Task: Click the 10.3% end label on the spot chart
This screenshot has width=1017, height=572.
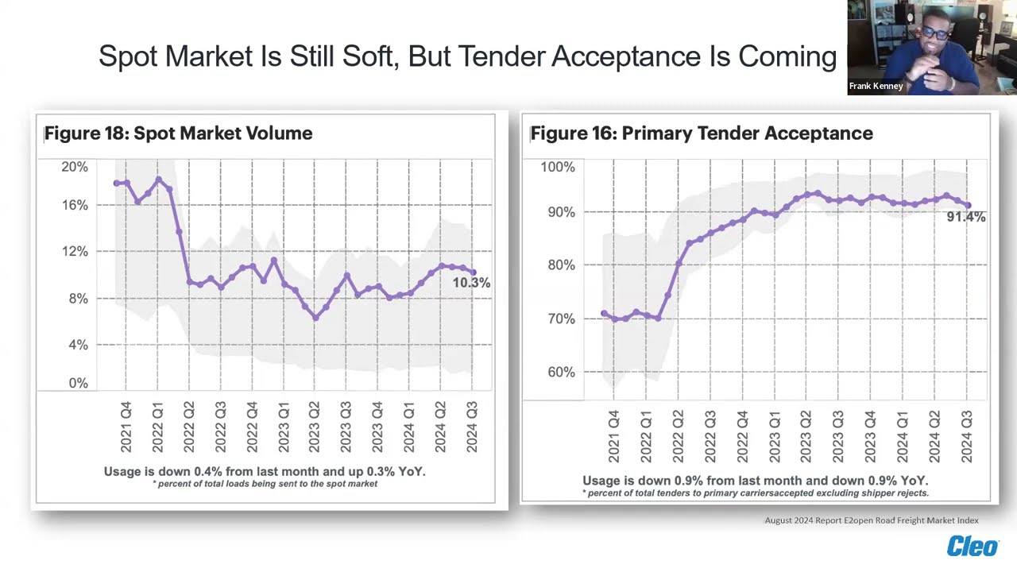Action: (471, 283)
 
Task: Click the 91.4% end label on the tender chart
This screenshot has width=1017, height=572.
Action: (965, 217)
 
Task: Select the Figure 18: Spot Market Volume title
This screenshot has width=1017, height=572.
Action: (178, 133)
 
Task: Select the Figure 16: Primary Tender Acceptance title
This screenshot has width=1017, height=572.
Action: (702, 133)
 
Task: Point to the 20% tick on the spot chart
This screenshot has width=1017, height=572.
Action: (75, 167)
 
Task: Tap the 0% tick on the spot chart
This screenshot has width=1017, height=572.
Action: (78, 383)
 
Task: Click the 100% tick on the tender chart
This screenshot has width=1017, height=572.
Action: (557, 167)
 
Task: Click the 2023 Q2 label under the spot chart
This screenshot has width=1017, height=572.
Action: (314, 427)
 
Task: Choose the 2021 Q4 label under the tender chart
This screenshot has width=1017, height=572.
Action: (613, 436)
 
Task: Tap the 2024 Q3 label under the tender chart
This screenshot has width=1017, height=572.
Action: (967, 436)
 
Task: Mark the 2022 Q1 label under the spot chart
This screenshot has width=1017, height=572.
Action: (157, 427)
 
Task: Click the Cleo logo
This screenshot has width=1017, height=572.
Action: (972, 547)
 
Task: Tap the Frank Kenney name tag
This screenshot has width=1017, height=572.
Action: (876, 86)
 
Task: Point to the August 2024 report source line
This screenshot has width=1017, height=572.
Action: (871, 520)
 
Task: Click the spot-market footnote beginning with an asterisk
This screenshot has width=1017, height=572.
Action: (265, 484)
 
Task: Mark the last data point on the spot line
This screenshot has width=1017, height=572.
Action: (474, 272)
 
